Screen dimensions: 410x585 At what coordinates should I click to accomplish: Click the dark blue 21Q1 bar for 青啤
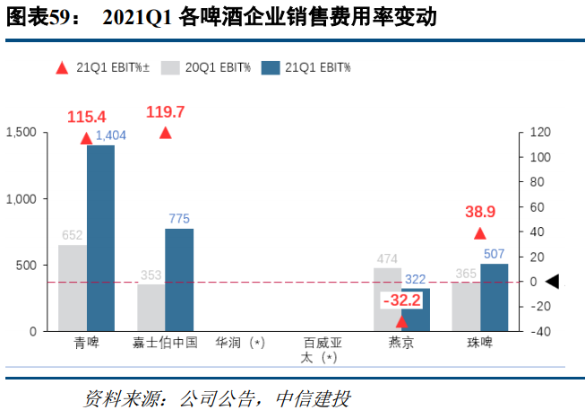click(x=100, y=238)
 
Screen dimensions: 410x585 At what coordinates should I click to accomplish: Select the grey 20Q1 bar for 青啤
click(x=73, y=288)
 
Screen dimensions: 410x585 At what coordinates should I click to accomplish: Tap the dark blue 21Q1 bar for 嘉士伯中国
click(x=179, y=280)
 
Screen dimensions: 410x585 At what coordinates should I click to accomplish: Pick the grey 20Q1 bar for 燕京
click(x=387, y=300)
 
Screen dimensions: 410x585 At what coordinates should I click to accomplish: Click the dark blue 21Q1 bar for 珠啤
click(x=494, y=297)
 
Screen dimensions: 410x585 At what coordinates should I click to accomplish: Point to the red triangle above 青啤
click(x=86, y=138)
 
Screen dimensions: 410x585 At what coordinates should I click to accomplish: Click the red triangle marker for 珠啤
click(x=480, y=233)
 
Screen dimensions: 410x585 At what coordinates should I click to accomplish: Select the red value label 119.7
click(x=165, y=112)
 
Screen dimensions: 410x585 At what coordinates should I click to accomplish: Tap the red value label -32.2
click(x=401, y=301)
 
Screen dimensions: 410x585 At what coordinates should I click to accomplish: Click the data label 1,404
click(x=112, y=135)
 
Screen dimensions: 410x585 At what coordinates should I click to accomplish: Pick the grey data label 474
click(x=388, y=258)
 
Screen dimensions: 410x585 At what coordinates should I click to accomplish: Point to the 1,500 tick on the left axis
click(x=21, y=132)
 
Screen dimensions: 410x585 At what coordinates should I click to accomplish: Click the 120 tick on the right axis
click(x=538, y=132)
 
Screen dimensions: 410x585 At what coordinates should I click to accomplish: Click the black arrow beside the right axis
click(x=552, y=282)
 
